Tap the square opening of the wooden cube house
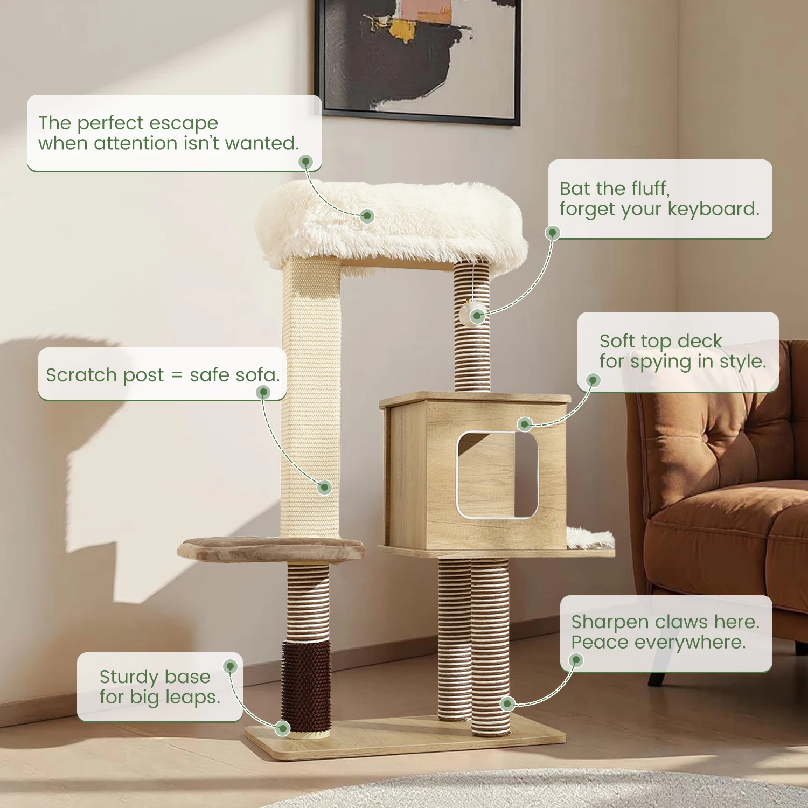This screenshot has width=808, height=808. [497, 475]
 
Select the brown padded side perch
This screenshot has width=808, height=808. [271, 549]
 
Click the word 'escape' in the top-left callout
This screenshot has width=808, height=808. [183, 123]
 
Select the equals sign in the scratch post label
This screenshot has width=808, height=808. [177, 375]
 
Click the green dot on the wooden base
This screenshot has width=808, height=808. [283, 728]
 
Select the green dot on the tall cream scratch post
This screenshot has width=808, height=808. [324, 487]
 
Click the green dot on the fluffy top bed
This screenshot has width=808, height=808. [367, 216]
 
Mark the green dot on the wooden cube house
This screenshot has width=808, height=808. [525, 424]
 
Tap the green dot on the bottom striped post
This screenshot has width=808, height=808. [507, 703]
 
